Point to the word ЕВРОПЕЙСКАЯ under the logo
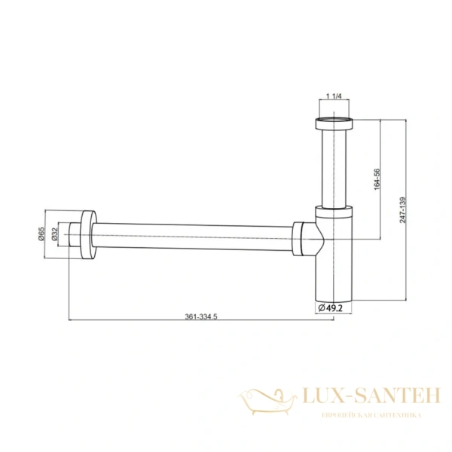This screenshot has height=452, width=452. click(343, 416)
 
